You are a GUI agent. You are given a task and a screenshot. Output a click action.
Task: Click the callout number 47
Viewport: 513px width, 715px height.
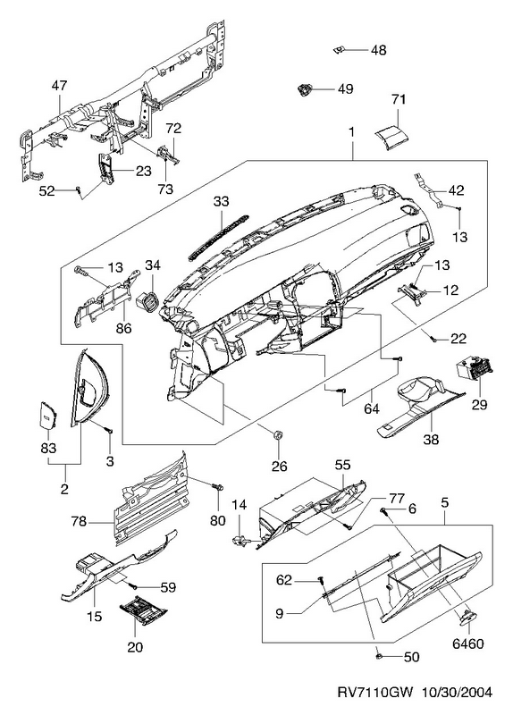(59, 85)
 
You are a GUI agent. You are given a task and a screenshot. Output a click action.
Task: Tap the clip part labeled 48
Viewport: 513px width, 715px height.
(338, 49)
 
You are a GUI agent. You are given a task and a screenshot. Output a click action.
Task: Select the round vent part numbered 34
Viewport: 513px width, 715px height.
(147, 299)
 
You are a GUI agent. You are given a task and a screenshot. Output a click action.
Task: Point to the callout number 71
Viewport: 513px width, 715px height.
(398, 99)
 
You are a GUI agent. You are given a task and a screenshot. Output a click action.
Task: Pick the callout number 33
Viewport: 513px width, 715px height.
(221, 202)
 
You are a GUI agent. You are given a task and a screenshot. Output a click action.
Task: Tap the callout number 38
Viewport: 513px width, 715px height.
(431, 439)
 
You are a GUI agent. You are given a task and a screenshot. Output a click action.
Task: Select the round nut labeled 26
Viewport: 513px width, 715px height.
(276, 434)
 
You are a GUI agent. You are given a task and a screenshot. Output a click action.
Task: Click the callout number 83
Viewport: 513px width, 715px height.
(48, 448)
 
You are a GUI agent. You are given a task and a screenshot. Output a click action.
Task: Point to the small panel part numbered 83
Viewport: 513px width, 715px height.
(46, 416)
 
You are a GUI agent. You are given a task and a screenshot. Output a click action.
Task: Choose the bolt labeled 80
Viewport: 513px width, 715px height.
(217, 486)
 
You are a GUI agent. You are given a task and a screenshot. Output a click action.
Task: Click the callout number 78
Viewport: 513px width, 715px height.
(79, 521)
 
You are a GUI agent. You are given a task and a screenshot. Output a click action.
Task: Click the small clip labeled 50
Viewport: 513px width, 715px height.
(379, 656)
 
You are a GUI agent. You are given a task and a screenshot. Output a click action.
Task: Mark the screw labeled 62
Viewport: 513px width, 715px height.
(321, 580)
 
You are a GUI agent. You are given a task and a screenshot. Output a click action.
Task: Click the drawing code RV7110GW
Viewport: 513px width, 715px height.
(374, 693)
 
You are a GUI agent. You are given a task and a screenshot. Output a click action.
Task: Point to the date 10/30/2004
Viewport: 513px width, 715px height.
(456, 693)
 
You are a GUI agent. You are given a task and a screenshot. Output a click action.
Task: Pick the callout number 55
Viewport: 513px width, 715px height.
(342, 464)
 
